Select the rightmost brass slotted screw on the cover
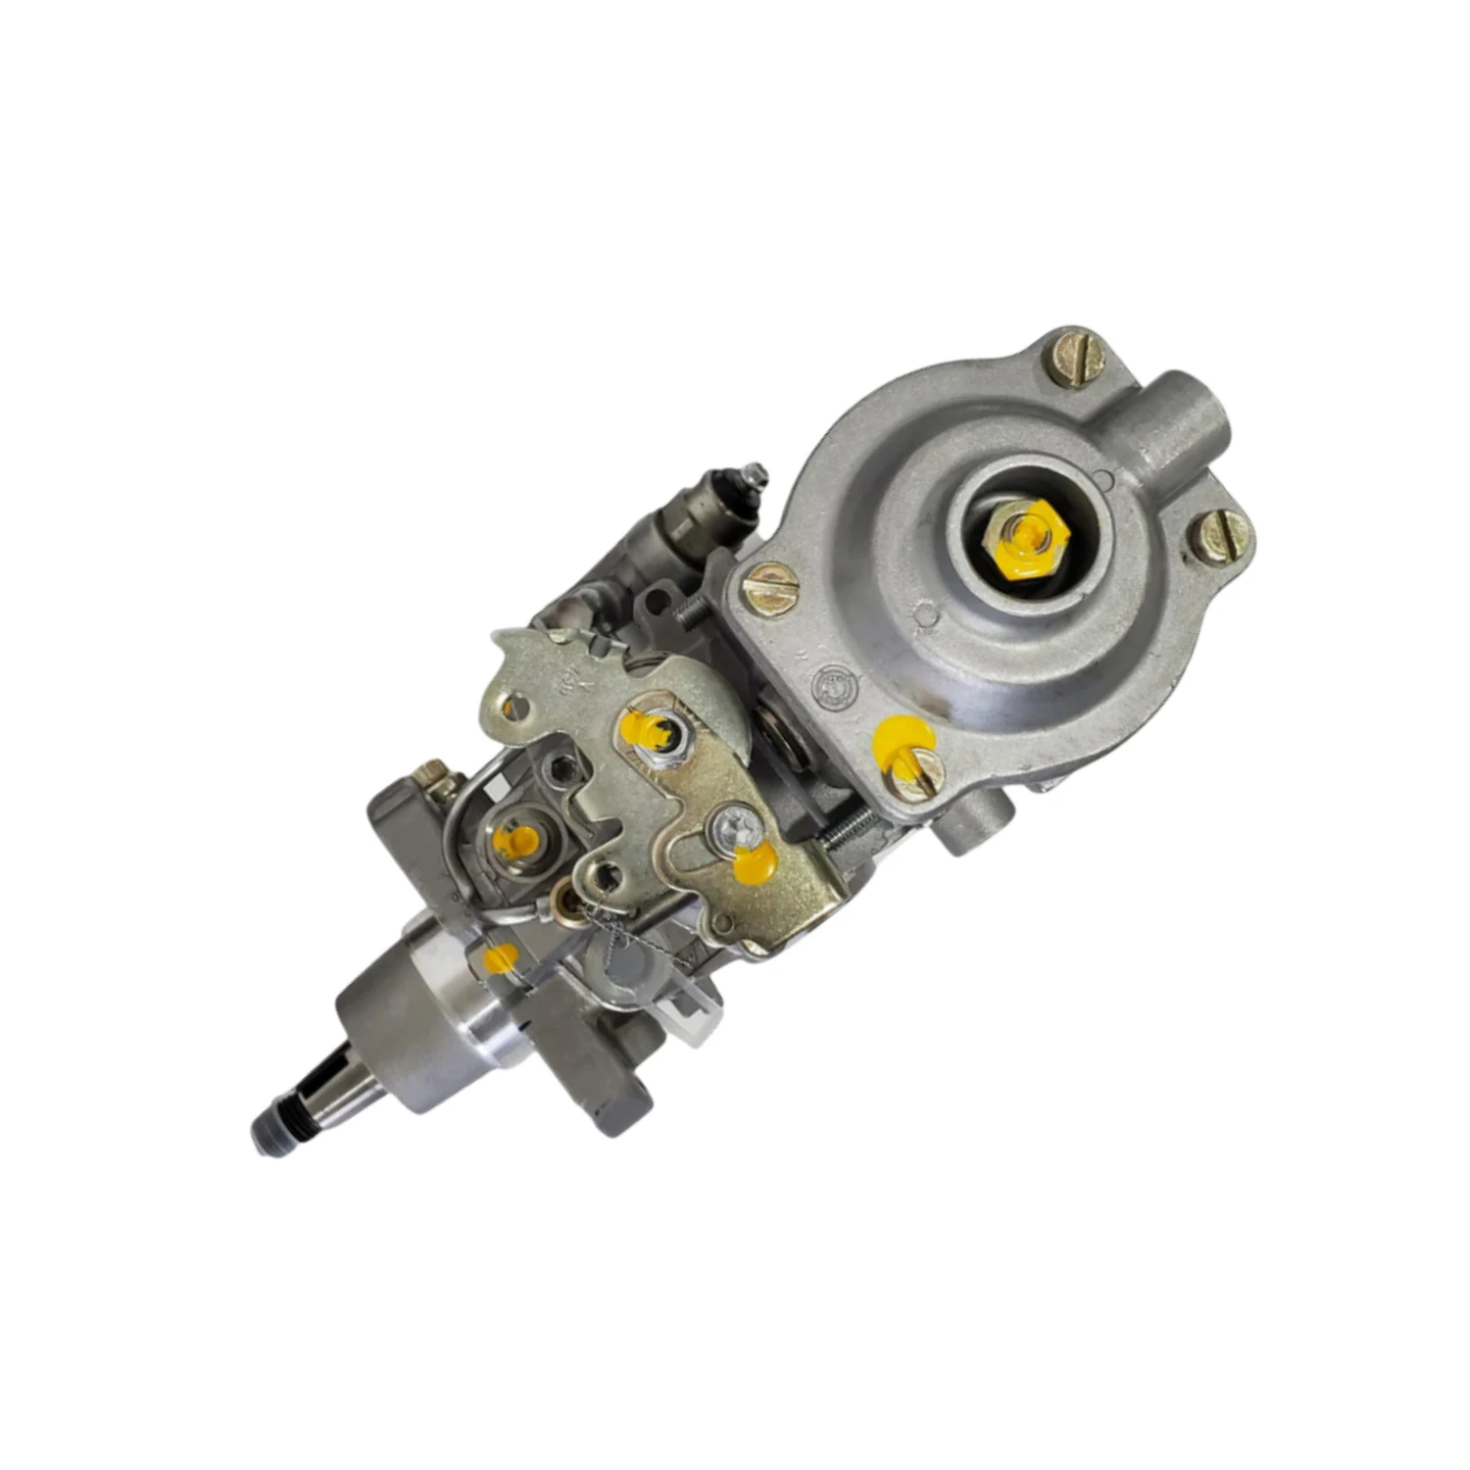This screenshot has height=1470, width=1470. (1221, 536)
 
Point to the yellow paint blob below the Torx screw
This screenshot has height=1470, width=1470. (755, 861)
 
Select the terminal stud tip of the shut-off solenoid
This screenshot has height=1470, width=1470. (755, 473)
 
